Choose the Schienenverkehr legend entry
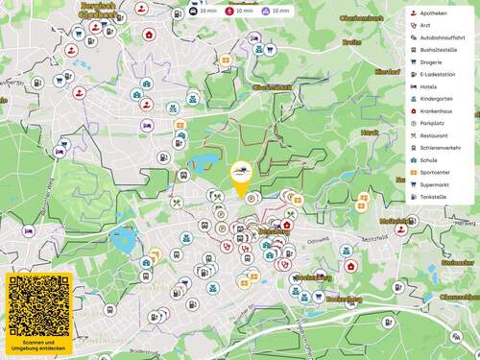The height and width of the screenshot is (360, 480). point(439,147)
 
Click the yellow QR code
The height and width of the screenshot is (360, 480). point(39,305)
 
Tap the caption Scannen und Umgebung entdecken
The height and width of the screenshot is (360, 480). point(39,345)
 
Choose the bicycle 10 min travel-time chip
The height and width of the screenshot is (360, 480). point(239,11)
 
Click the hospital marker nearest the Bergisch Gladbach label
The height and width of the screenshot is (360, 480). point(150,35)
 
